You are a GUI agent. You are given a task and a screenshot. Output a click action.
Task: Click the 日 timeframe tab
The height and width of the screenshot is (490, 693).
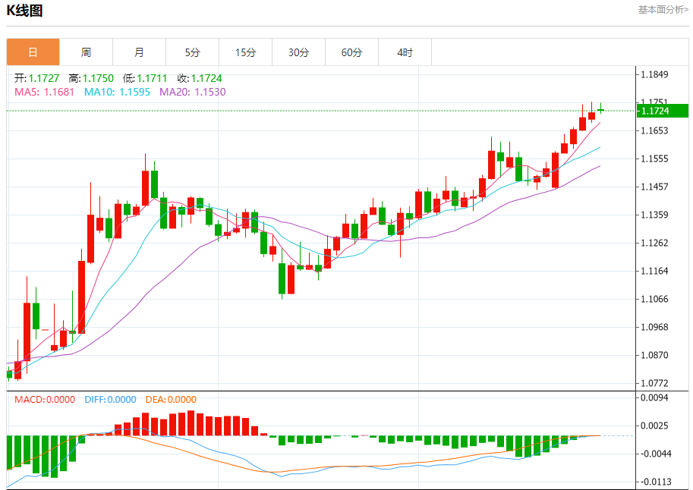(33, 52)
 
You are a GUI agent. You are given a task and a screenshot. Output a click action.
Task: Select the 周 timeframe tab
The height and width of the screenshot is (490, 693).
(86, 52)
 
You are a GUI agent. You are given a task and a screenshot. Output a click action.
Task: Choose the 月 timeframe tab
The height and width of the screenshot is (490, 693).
(139, 52)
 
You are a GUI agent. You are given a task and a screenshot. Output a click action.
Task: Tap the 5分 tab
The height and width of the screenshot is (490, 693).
(192, 52)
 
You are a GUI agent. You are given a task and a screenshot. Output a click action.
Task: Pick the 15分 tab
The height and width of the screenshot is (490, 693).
(245, 52)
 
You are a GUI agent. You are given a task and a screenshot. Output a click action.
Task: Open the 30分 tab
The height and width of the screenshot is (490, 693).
(298, 52)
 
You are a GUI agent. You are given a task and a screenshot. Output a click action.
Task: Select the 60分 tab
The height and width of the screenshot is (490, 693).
(351, 52)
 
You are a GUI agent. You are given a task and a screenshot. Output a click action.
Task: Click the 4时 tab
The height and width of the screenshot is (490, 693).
(405, 52)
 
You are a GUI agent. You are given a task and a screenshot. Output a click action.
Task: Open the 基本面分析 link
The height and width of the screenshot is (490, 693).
(663, 10)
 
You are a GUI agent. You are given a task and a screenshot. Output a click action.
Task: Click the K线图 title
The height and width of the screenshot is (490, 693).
(25, 11)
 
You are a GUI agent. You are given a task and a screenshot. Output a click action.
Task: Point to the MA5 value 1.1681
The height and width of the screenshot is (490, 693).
(59, 92)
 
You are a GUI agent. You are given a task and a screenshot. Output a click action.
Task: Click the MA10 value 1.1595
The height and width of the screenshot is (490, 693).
(134, 92)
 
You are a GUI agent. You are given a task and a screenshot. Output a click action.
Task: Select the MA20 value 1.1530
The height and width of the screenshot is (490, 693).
(210, 92)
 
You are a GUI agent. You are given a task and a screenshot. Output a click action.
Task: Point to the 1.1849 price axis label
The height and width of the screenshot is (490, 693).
(654, 74)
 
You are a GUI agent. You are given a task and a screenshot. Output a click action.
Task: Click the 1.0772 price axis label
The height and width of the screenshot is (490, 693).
(654, 383)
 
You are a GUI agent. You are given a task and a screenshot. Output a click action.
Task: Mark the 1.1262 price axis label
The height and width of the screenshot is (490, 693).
(654, 243)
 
